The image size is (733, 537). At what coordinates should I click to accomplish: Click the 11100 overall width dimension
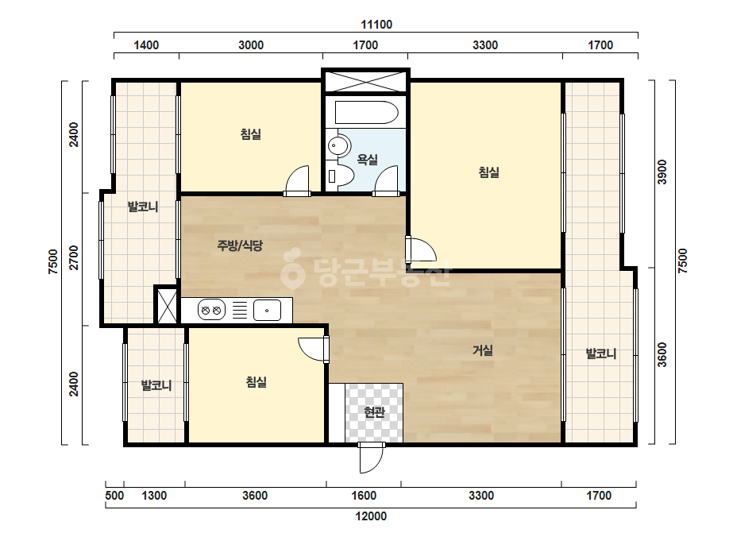tap(376, 25)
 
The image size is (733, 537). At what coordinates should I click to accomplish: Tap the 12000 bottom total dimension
tap(371, 516)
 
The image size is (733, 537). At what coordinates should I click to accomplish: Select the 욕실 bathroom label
tap(368, 160)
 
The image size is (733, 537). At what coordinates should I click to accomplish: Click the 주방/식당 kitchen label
tap(240, 245)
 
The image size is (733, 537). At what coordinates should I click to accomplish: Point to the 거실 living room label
tap(482, 350)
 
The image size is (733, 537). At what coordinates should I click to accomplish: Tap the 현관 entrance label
tap(374, 412)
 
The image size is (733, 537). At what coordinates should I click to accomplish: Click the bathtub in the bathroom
tap(367, 112)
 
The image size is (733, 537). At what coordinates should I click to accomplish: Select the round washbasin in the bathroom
tap(338, 146)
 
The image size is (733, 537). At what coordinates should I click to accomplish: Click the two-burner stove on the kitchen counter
tap(211, 310)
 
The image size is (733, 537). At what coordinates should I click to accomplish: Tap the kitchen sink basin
tap(267, 310)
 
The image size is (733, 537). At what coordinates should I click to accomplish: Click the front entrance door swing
tap(372, 458)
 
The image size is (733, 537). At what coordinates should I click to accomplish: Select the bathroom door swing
tap(386, 180)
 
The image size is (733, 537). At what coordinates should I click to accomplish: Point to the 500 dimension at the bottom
tap(114, 496)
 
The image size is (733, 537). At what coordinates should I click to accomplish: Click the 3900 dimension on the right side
tap(662, 172)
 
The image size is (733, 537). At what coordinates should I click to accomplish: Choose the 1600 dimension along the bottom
tap(364, 496)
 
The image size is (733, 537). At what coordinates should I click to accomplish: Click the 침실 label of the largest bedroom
tap(489, 172)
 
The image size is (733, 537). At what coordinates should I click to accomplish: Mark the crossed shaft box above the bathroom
tap(365, 81)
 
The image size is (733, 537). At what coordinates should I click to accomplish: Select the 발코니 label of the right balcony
tap(601, 353)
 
